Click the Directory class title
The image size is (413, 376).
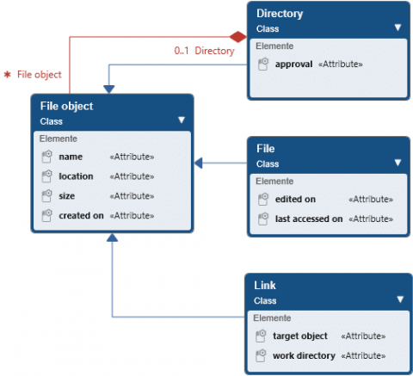280,15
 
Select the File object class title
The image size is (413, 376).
67,107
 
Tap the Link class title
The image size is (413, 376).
265,286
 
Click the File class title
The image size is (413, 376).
266,149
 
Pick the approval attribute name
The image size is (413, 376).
294,64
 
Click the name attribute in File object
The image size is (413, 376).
71,157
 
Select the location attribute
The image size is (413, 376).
76,176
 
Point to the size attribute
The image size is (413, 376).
67,195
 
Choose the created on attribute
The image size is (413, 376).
81,215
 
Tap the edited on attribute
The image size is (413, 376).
295,199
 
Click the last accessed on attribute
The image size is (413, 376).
308,219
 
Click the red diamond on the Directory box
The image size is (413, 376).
238,36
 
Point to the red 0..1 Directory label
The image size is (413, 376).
203,52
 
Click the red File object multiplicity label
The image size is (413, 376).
34,76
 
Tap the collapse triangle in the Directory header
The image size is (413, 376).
398,27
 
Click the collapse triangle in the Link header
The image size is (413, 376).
398,299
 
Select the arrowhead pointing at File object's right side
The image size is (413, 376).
199,162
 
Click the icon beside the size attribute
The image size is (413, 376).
47,195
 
